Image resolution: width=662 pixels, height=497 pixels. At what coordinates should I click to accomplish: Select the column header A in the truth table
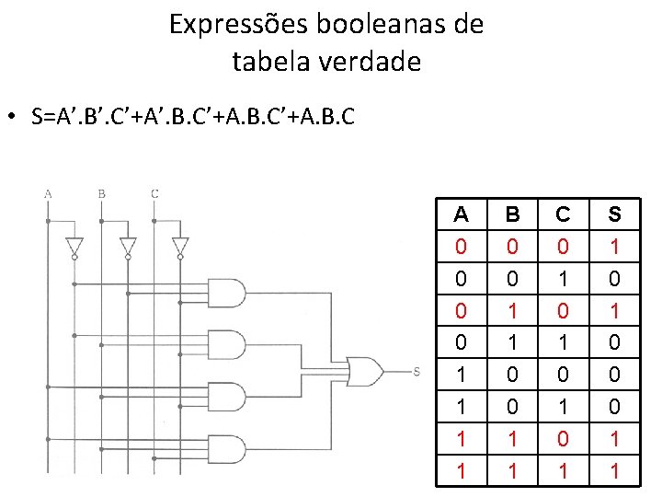click(x=462, y=215)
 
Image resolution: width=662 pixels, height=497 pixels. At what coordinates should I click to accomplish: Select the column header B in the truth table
click(x=513, y=215)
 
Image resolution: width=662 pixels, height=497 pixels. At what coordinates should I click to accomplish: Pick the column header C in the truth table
click(x=564, y=215)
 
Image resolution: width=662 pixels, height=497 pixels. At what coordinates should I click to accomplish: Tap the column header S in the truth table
click(x=614, y=215)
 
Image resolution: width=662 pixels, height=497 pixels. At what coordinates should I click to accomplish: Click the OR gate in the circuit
click(x=364, y=370)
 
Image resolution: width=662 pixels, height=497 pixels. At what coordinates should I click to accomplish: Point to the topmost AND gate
click(x=228, y=293)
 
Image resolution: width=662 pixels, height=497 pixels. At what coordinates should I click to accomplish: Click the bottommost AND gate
click(x=228, y=449)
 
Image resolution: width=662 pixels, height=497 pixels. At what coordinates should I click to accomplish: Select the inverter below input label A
click(x=74, y=248)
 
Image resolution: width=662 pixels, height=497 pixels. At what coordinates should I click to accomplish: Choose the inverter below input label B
click(x=128, y=248)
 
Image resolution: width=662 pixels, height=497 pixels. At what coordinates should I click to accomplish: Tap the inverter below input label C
click(x=180, y=248)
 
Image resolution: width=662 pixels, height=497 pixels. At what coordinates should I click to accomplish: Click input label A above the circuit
click(x=47, y=194)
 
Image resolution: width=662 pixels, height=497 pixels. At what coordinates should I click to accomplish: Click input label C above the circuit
click(x=154, y=194)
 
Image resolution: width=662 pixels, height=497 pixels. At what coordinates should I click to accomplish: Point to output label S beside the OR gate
click(x=417, y=371)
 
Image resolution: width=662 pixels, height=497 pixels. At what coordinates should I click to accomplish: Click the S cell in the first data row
click(x=614, y=247)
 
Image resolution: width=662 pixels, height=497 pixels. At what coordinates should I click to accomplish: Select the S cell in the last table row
click(x=614, y=470)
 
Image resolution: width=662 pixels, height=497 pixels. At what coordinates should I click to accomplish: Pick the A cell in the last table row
click(x=462, y=470)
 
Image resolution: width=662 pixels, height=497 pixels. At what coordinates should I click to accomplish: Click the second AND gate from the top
click(x=228, y=345)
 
